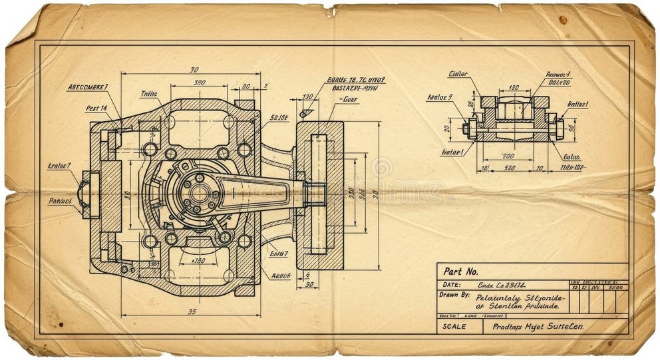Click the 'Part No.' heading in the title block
click(x=461, y=271)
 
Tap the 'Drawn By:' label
click(x=454, y=295)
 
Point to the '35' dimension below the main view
click(x=192, y=311)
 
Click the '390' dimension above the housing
click(x=199, y=83)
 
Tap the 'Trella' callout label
click(x=150, y=94)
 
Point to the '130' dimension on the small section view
click(x=514, y=88)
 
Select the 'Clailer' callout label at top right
click(x=458, y=74)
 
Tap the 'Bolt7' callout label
click(x=279, y=254)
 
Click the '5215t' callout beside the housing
click(x=279, y=118)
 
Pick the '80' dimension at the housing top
click(x=246, y=87)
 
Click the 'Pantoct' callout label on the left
click(x=61, y=200)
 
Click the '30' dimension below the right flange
click(x=307, y=285)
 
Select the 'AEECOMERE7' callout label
click(x=88, y=87)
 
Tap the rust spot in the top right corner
click(x=563, y=19)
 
